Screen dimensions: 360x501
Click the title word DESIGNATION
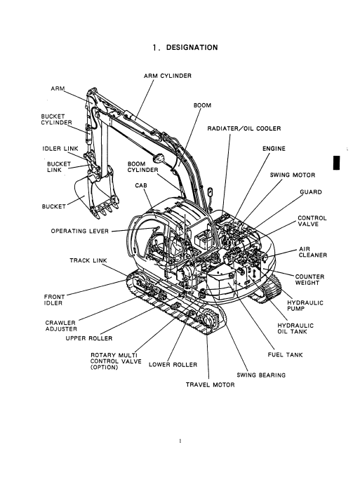pos(192,48)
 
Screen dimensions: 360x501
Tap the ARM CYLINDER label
pos(168,76)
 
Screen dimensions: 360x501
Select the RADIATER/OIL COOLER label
pos(244,128)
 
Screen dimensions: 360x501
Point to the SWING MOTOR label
pos(292,175)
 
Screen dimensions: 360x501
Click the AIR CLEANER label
pos(313,252)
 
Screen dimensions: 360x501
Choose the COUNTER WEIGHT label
pos(309,279)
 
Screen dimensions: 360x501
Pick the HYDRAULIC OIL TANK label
pos(295,328)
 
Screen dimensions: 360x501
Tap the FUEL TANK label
pos(285,354)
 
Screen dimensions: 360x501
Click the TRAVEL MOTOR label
pos(211,385)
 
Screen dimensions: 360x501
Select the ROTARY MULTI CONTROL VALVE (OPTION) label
pos(116,361)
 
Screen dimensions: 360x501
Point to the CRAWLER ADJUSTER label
pos(61,326)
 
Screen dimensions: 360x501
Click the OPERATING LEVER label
pos(80,231)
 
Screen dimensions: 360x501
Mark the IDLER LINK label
pos(60,149)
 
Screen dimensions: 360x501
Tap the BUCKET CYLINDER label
pos(57,119)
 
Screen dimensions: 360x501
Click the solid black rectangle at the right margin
pos(336,163)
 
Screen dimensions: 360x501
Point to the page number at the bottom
pos(180,441)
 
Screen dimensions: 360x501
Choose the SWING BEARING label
pos(261,375)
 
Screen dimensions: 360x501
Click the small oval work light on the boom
pos(159,158)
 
